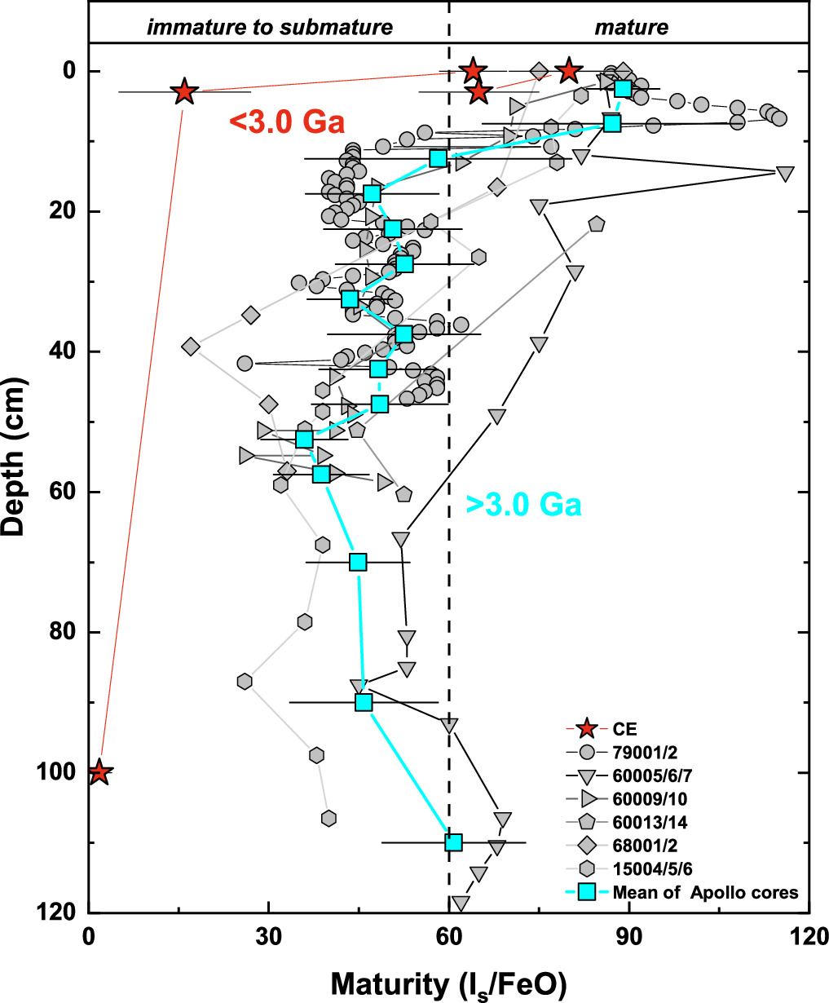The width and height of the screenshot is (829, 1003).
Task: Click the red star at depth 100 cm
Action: coord(99,771)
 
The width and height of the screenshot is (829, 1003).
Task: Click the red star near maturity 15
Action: coord(184,92)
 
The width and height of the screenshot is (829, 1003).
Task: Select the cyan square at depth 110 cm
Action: coord(454,842)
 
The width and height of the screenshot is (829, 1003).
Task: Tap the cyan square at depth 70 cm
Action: coord(358,562)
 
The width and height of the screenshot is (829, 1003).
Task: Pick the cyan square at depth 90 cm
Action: coord(364,702)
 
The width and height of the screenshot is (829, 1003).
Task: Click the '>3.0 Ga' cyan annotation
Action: coord(523,506)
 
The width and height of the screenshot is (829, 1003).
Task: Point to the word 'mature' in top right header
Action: coord(631,28)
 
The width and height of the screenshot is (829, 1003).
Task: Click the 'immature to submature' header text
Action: coord(270,28)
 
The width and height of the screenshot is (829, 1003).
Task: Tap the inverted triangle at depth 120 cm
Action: coord(461,903)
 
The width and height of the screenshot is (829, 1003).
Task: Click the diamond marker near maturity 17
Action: coord(191,347)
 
